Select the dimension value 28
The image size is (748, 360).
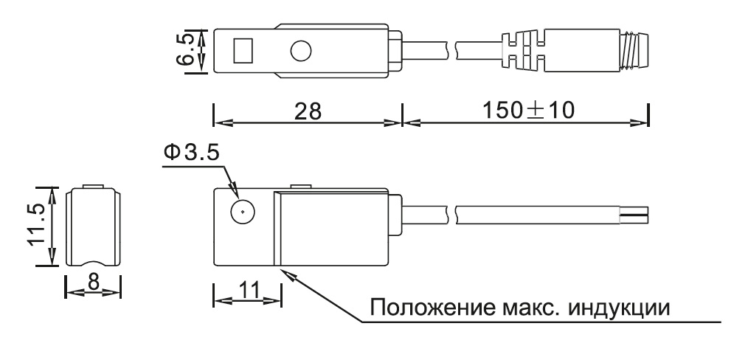click(x=308, y=111)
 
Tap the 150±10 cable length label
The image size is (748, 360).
click(x=528, y=111)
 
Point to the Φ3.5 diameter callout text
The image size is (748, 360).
click(x=191, y=153)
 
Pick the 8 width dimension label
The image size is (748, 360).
click(x=93, y=282)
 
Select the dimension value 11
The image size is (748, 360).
click(x=247, y=289)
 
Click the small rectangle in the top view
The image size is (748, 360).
click(x=243, y=51)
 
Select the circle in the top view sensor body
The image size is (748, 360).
click(x=300, y=51)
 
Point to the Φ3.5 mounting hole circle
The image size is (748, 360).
click(x=243, y=211)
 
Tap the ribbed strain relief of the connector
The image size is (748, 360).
click(x=524, y=51)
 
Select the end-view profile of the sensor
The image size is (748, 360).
click(x=93, y=226)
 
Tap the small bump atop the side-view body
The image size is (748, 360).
click(x=302, y=185)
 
